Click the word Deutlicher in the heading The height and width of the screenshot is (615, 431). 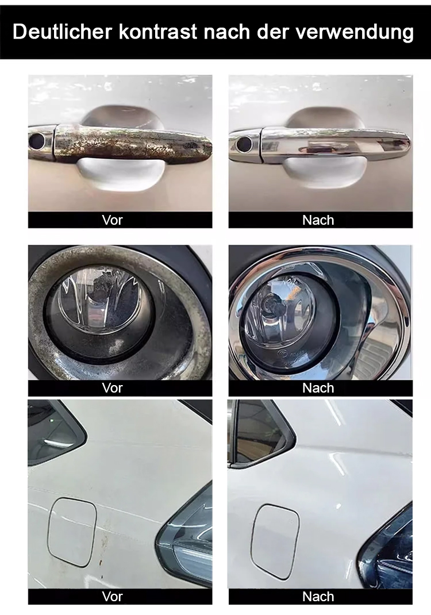[x=63, y=32]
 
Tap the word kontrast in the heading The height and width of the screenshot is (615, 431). [x=157, y=32]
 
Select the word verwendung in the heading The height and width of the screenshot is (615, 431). [x=355, y=32]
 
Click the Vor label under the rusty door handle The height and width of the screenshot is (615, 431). [x=112, y=220]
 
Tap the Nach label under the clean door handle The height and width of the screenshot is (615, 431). [x=318, y=220]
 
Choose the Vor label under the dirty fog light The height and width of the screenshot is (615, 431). [x=112, y=388]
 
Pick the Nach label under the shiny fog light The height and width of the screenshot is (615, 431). [x=318, y=388]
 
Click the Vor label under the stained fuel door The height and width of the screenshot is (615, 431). [x=112, y=597]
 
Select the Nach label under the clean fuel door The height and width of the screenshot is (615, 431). [x=318, y=597]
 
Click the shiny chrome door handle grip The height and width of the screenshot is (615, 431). [x=336, y=144]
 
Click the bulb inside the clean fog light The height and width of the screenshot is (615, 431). [x=270, y=303]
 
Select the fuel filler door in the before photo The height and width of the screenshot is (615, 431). [x=72, y=532]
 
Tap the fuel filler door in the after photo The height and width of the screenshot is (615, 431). [x=275, y=541]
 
